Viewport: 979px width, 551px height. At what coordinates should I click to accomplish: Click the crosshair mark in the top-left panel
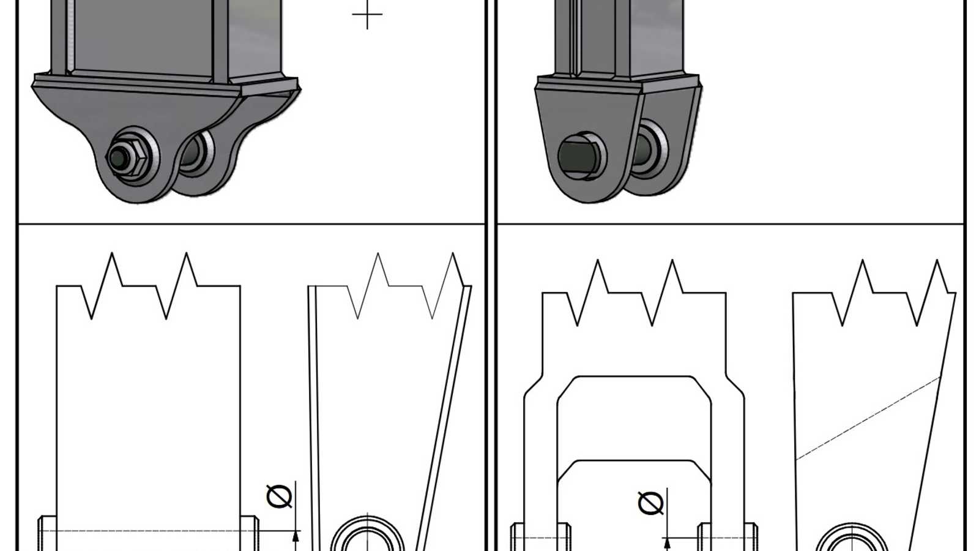(367, 15)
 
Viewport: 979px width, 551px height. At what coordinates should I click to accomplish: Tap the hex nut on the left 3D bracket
(131, 157)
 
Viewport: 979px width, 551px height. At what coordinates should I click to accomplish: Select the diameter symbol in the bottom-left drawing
(279, 497)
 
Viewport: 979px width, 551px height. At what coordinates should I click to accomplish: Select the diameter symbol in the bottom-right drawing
(651, 503)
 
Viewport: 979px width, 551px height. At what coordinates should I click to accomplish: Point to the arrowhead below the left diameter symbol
(296, 536)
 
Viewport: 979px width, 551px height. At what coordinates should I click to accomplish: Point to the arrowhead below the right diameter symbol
(667, 544)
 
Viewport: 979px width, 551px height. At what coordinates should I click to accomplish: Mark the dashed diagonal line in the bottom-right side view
(868, 418)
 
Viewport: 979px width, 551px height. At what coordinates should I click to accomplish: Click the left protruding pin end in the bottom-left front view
(48, 533)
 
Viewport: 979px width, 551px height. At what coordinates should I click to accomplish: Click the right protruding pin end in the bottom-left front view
(250, 533)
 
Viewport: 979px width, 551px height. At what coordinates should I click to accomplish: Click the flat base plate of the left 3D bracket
(166, 84)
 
